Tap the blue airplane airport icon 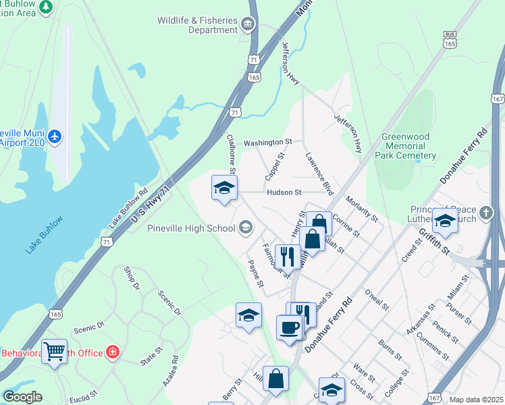pyautogui.click(x=55, y=137)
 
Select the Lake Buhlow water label pyautogui.click(x=45, y=234)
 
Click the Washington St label pyautogui.click(x=267, y=142)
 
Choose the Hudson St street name pyautogui.click(x=284, y=192)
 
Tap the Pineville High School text pyautogui.click(x=191, y=228)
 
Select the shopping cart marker pyautogui.click(x=54, y=351)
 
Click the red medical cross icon pyautogui.click(x=112, y=352)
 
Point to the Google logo pyautogui.click(x=22, y=397)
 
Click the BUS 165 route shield pyautogui.click(x=450, y=38)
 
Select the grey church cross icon pyautogui.click(x=486, y=215)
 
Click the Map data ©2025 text pyautogui.click(x=477, y=400)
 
